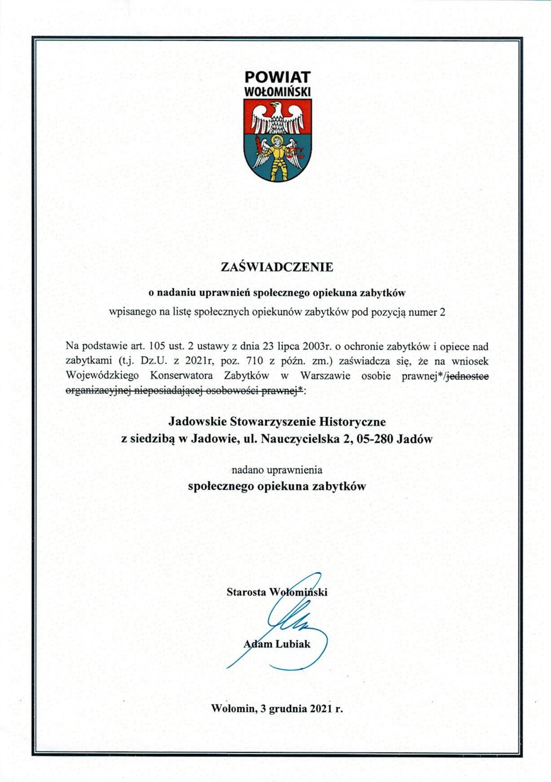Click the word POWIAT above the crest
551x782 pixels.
point(277,77)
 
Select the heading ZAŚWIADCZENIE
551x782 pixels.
point(277,267)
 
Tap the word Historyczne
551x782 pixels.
point(353,422)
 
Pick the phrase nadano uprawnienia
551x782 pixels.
point(277,470)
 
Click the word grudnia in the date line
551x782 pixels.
point(288,709)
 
